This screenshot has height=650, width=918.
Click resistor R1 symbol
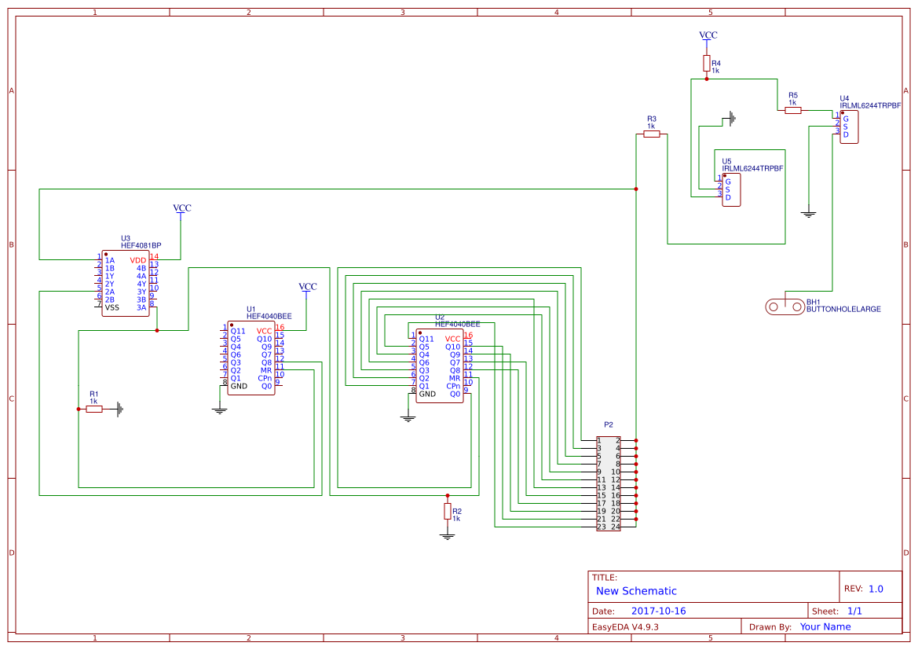(93, 409)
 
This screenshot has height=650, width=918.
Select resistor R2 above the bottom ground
(448, 511)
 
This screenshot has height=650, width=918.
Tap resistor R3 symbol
(651, 134)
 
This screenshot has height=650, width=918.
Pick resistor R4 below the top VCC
(707, 63)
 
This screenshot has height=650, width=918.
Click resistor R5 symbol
(792, 110)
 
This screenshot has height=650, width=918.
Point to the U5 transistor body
(731, 189)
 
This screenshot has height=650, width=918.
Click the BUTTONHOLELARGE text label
(843, 310)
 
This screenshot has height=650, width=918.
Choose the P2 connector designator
(608, 424)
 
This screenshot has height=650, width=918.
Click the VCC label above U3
(181, 208)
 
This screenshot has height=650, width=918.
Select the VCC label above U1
(307, 287)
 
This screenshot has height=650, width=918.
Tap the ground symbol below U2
(408, 417)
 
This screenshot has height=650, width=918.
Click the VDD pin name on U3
(138, 260)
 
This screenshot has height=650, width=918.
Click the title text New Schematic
(636, 591)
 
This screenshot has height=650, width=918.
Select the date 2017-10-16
(658, 611)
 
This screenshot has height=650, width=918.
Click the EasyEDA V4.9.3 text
(625, 627)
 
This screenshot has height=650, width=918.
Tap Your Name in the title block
(825, 627)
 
